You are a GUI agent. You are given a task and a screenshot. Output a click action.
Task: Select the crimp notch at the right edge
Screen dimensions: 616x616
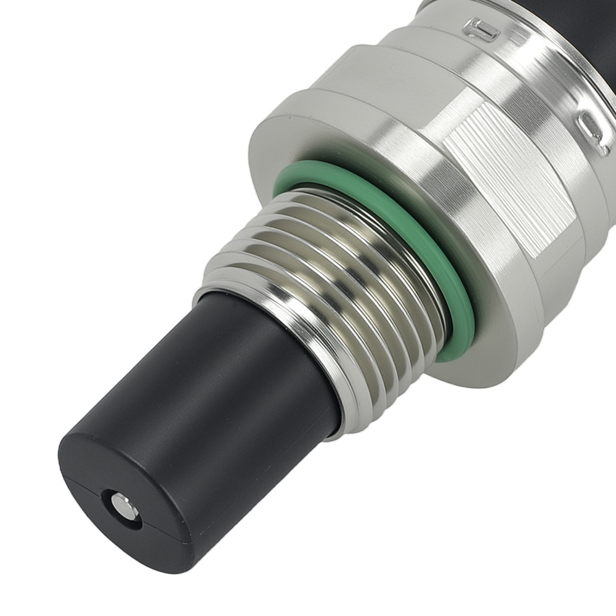(594, 132)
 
